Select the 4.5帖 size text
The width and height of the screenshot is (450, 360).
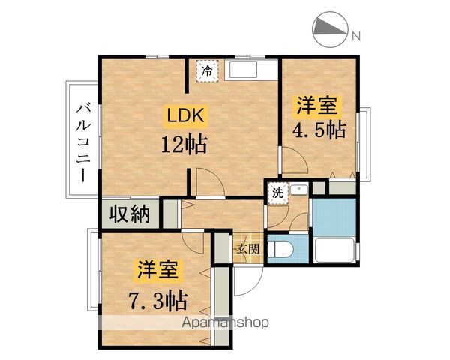[x=318, y=128]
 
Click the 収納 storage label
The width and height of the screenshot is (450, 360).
[x=130, y=214]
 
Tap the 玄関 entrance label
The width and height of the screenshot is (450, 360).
[x=248, y=249]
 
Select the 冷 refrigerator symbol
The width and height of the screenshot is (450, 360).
[x=208, y=71]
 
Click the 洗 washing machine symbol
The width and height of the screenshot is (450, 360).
[x=277, y=192]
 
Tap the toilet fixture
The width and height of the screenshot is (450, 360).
[x=284, y=248]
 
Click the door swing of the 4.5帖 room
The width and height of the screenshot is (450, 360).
[x=293, y=160]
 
